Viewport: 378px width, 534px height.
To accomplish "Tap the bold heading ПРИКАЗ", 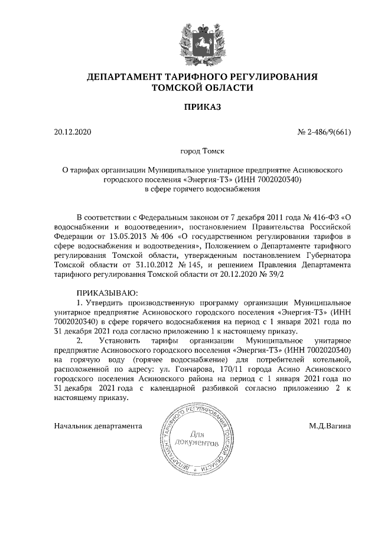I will point(203,107).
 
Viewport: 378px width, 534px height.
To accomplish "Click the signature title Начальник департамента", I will point(97,424).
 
